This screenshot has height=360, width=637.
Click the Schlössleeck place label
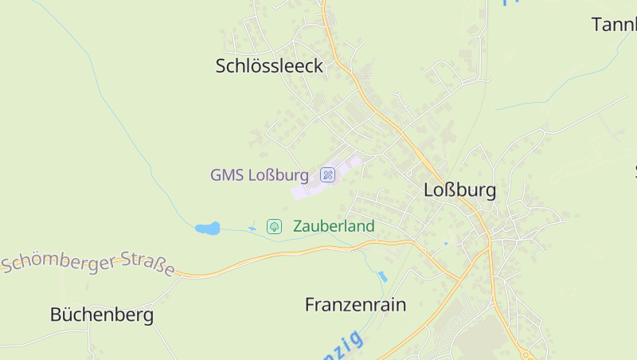[x=269, y=66]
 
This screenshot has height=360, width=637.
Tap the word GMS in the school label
[x=227, y=174]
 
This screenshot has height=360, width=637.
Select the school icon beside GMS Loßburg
[x=327, y=174]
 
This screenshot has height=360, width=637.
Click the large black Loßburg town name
[x=459, y=190]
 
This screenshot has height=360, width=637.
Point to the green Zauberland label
[x=334, y=226]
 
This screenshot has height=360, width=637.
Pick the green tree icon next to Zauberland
[x=274, y=226]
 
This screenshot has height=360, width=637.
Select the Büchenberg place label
[x=101, y=315]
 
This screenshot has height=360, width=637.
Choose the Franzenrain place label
[x=355, y=304]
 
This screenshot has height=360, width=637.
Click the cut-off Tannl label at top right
[x=614, y=25]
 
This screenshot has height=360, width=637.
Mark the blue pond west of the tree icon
[x=207, y=229]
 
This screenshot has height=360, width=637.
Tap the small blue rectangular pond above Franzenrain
[x=382, y=276]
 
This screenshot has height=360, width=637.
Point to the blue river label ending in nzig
[x=341, y=347]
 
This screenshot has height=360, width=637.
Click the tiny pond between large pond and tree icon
[x=253, y=229]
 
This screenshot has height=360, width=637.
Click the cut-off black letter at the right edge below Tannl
[x=635, y=170]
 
